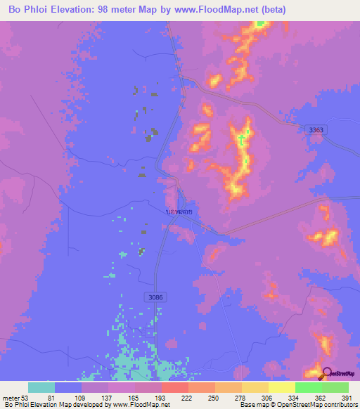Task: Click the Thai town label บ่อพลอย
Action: coord(179,210)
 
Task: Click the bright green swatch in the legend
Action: coord(308,387)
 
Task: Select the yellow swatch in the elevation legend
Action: coord(281,387)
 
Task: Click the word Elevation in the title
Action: coord(80,10)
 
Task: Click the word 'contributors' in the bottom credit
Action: coord(340,405)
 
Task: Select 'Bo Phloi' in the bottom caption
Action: coord(18,405)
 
